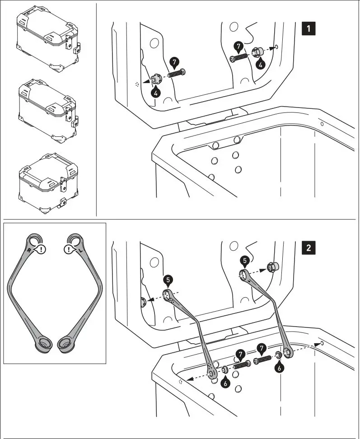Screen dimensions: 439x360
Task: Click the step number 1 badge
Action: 308,28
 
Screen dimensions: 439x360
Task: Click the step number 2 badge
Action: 308,248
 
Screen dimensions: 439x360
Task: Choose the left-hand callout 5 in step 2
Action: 168,280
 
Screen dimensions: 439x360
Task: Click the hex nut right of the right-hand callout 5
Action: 272,267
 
